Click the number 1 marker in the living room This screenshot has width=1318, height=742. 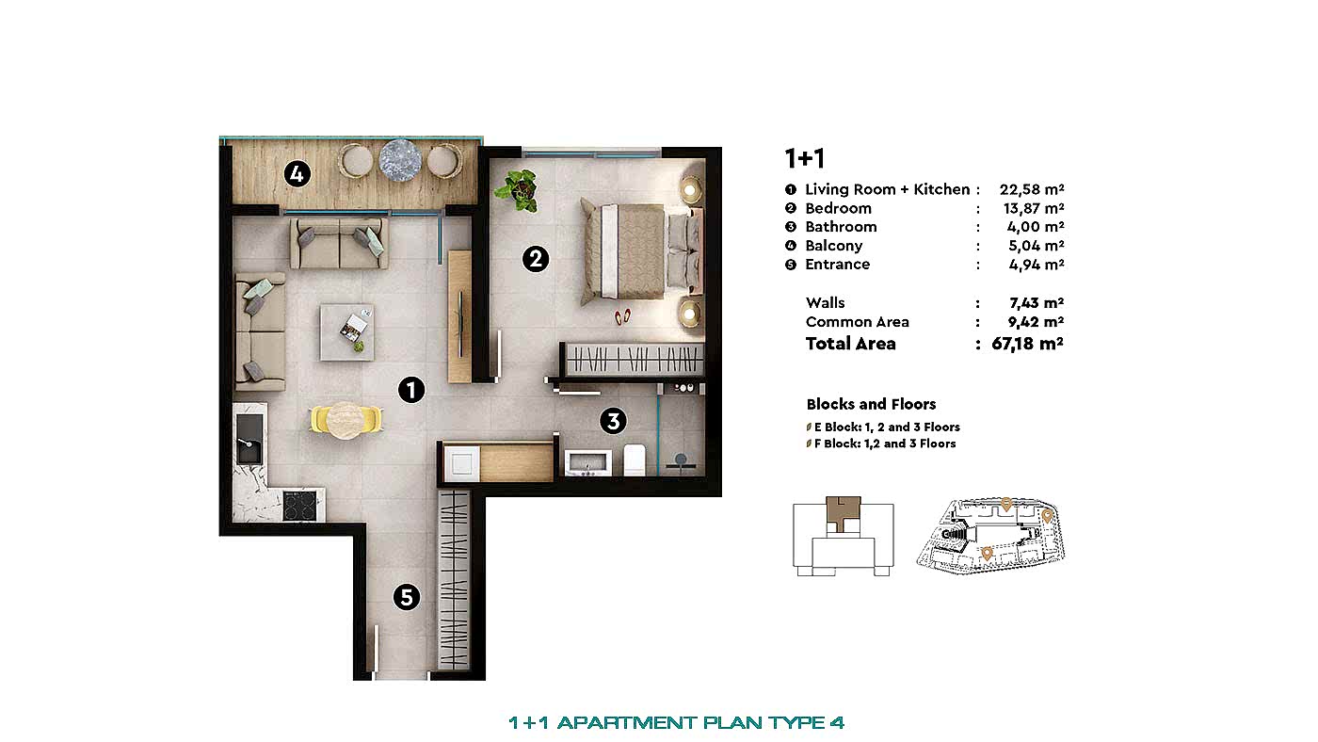point(411,390)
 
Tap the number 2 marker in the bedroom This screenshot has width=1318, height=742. point(535,258)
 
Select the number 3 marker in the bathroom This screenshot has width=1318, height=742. point(613,421)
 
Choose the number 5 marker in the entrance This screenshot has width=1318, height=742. point(406,596)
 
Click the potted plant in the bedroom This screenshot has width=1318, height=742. point(518,188)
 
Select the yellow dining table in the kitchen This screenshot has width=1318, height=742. point(346,419)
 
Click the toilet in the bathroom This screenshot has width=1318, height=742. point(635,460)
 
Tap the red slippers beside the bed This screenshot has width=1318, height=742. point(623,315)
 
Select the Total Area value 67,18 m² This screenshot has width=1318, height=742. point(1028,344)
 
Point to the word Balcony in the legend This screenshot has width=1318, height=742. point(833,246)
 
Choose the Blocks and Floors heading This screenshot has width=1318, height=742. point(871,404)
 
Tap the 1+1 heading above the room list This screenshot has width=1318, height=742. point(804,158)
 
